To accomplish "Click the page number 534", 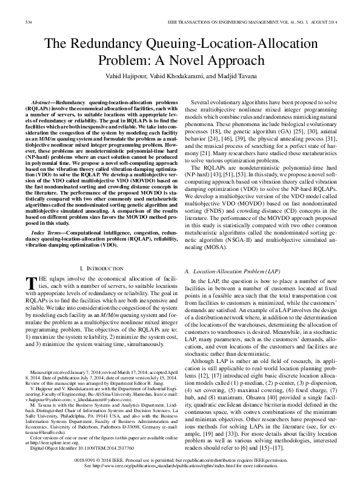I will coord(27,22).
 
